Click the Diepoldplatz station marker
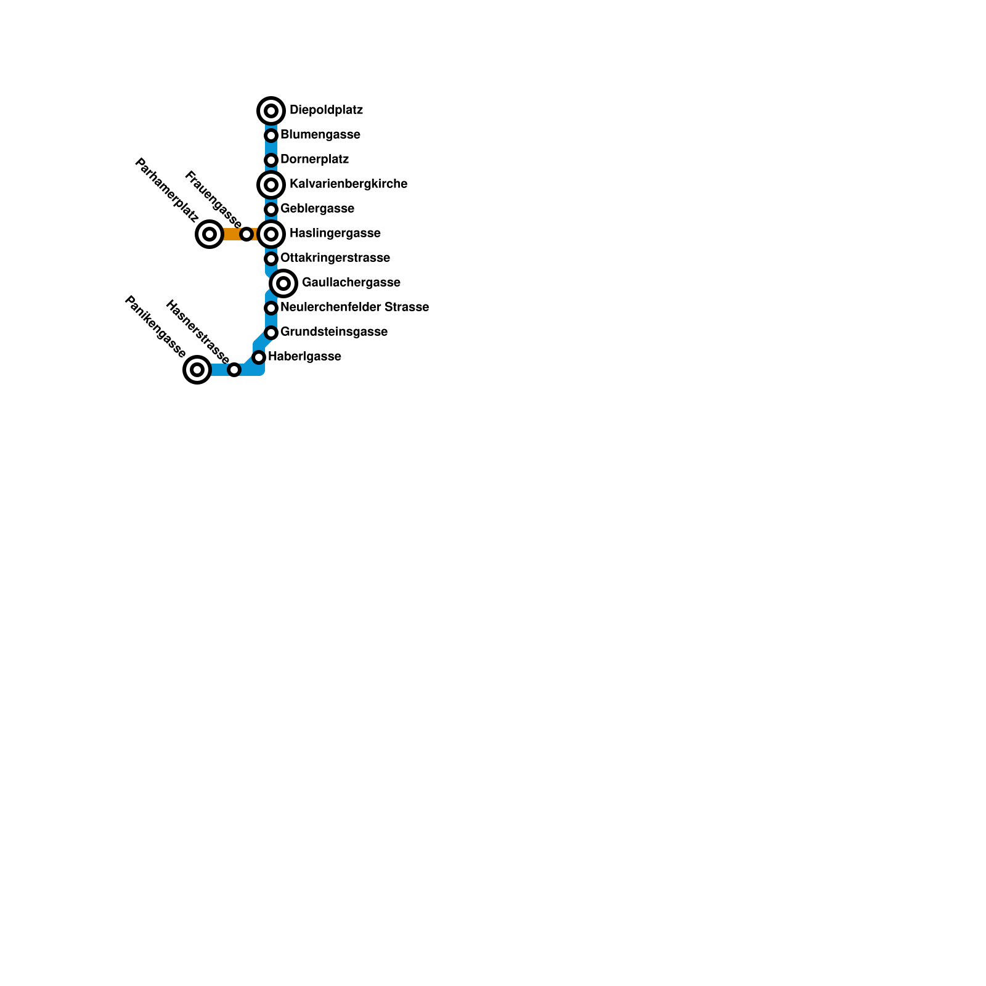[x=271, y=111]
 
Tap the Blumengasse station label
[x=320, y=135]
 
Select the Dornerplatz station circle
[x=271, y=160]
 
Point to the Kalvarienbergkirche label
[x=348, y=184]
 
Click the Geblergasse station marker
[x=271, y=210]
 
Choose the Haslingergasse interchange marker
[x=271, y=234]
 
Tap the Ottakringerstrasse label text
[x=335, y=258]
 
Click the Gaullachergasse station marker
[x=283, y=283]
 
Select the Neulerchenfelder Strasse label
[x=354, y=308]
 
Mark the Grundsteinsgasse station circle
[x=271, y=333]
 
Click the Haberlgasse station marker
[x=259, y=357]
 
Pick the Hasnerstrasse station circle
[x=234, y=370]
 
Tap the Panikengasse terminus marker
[x=197, y=370]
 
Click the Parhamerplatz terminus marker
[x=210, y=234]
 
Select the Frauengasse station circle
[x=246, y=234]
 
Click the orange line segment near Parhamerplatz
[x=230, y=234]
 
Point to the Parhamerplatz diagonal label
[x=166, y=190]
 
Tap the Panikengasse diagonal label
[x=155, y=327]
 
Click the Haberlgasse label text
[x=304, y=357]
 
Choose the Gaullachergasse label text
[x=351, y=283]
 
